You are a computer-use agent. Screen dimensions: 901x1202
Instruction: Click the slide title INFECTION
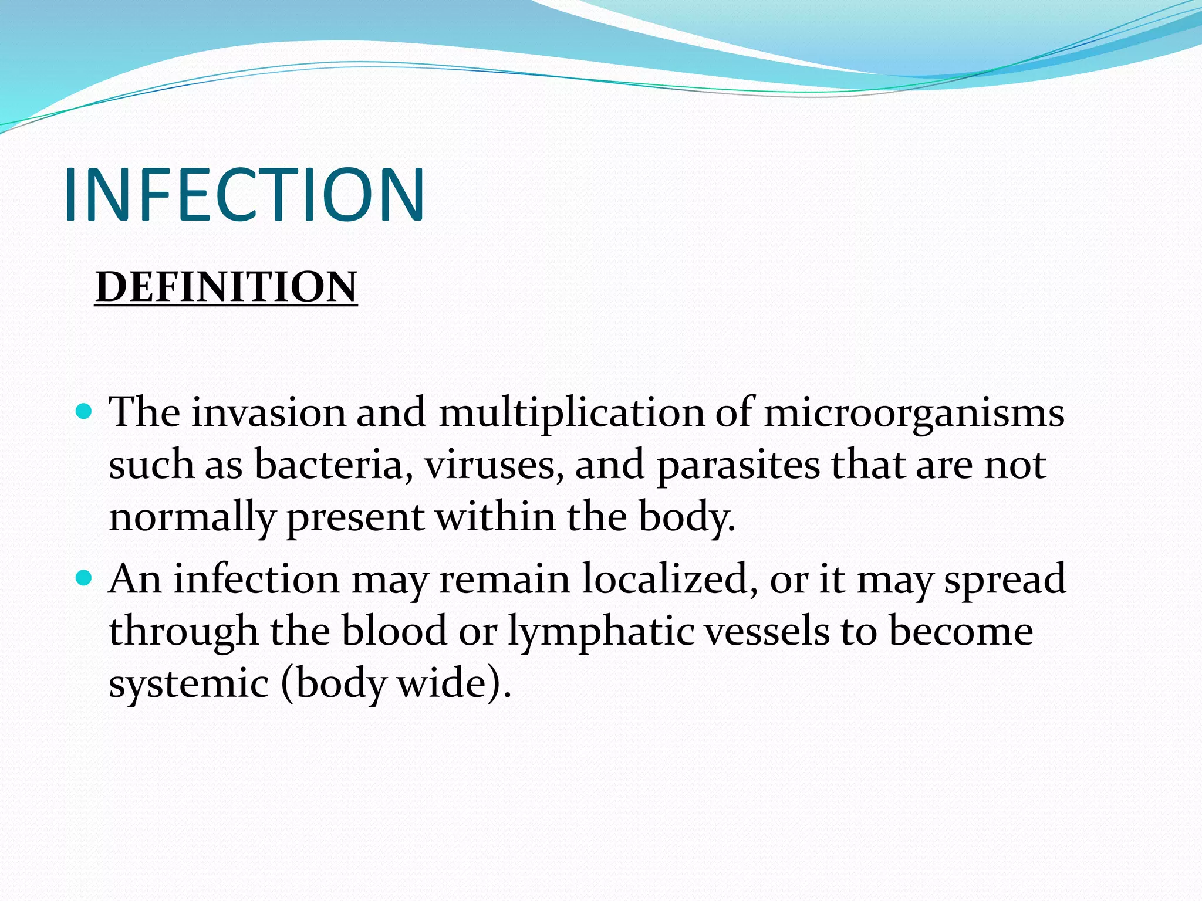[244, 195]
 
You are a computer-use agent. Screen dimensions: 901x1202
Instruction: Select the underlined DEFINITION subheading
[226, 287]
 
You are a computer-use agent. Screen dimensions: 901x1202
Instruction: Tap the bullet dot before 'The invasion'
[85, 411]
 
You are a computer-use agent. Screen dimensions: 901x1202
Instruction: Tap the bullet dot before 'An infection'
[85, 578]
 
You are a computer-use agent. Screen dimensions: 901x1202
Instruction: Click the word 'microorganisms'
[913, 413]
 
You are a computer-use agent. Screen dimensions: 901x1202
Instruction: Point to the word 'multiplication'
[571, 413]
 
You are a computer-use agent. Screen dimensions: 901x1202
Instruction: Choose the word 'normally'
[192, 518]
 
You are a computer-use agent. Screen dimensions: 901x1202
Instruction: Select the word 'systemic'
[188, 684]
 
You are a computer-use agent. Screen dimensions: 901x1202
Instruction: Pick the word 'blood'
[394, 632]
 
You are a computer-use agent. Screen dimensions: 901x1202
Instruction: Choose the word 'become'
[960, 632]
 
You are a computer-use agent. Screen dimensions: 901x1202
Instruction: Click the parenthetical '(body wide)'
[396, 684]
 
